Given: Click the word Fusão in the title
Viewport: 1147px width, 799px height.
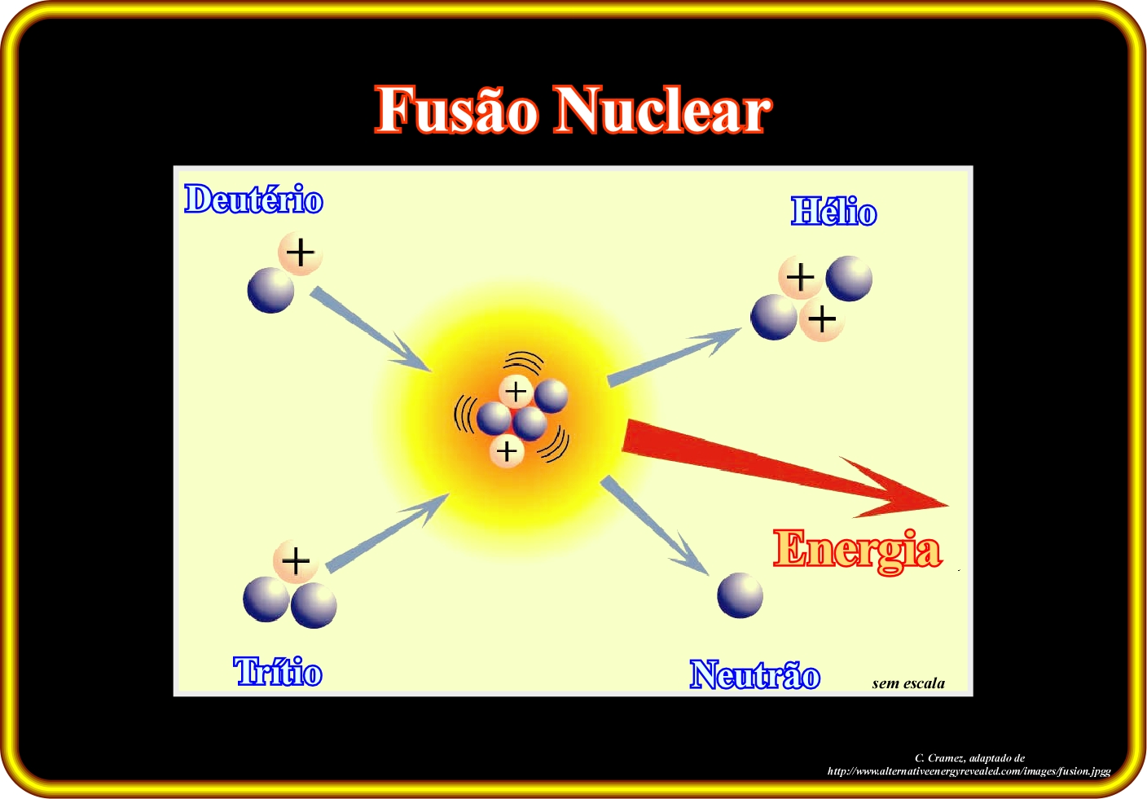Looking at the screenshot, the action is click(x=457, y=108).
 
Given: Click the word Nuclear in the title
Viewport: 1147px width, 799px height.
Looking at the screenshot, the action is click(x=664, y=108).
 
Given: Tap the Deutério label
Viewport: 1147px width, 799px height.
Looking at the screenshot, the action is click(x=253, y=199).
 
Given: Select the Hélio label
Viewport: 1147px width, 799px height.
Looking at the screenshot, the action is click(x=833, y=211).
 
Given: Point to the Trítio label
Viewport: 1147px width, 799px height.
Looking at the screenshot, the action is click(x=278, y=671).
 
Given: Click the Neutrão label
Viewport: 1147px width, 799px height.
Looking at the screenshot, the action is click(x=755, y=674).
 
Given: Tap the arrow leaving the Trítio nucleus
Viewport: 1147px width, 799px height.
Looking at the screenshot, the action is click(x=388, y=533).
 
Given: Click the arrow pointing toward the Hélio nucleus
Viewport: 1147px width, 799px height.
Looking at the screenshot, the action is click(x=675, y=358).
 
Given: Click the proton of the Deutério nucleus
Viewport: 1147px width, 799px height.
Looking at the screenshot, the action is click(x=300, y=252).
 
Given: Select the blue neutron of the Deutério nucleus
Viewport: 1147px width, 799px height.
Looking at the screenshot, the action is click(x=270, y=290).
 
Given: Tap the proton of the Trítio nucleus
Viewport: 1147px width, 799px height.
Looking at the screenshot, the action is click(x=296, y=561).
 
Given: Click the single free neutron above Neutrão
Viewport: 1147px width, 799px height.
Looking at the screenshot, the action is click(x=740, y=595).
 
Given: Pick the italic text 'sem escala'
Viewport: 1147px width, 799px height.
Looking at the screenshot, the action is click(x=908, y=683).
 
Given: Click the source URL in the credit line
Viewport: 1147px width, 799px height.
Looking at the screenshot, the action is click(x=969, y=771).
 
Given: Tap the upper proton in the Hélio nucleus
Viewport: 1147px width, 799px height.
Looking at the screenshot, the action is click(x=800, y=278).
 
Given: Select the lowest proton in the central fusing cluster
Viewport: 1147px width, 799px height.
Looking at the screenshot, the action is click(x=507, y=451).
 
